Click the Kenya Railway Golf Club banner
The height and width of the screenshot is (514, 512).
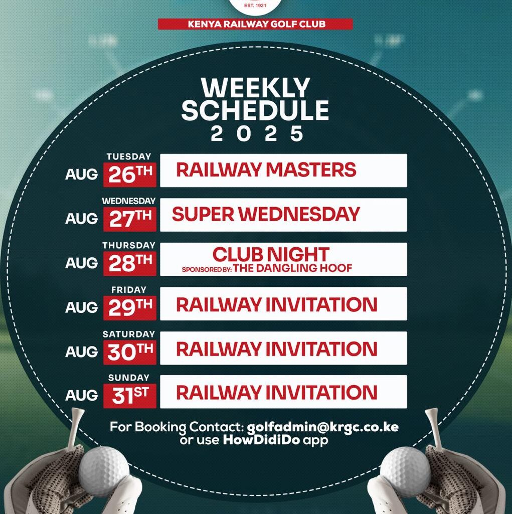255,24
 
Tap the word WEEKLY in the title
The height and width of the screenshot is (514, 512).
256,88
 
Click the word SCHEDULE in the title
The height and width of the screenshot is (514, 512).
255,110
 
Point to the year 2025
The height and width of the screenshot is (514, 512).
257,134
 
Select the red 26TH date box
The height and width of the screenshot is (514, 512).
130,175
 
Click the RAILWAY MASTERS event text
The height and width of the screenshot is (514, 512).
266,170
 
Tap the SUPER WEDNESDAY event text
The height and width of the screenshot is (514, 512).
266,215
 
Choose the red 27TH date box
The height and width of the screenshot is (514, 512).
130,219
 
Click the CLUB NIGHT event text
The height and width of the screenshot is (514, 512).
271,254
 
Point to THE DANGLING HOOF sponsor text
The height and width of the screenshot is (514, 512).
292,268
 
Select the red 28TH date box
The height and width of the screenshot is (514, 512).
130,264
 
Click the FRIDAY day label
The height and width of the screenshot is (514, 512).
128,290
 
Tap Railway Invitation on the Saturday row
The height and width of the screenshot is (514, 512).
277,349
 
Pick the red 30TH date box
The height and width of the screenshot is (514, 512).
130,353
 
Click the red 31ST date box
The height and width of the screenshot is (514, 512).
130,396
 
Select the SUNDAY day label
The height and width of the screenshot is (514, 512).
128,378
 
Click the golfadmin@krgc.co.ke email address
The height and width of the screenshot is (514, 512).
322,427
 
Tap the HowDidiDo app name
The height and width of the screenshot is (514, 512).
261,440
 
